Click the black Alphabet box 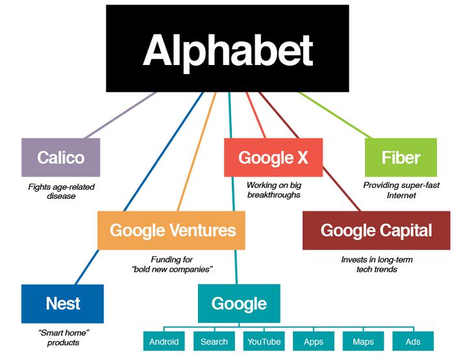(227, 49)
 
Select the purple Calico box (61, 157)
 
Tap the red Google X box (273, 157)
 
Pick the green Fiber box (401, 157)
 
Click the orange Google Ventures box (171, 230)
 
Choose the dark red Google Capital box (377, 230)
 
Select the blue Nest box (62, 303)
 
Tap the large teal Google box (239, 303)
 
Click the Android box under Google (164, 341)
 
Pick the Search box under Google (214, 341)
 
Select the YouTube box (264, 341)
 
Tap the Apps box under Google (314, 341)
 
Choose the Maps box (363, 341)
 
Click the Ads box (413, 341)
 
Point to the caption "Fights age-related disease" (62, 191)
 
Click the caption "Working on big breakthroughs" (274, 190)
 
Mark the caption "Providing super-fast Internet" (401, 190)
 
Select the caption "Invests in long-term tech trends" (377, 264)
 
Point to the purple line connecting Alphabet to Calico (120, 115)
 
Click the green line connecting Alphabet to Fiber (335, 115)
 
